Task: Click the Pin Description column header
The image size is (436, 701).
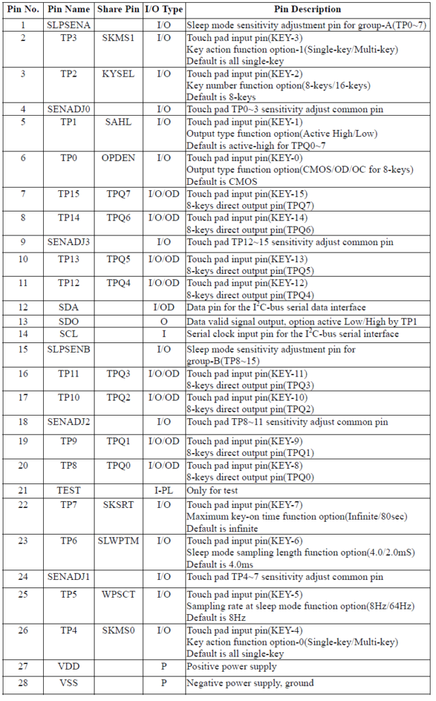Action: (x=307, y=10)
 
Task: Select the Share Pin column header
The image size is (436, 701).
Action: (x=118, y=10)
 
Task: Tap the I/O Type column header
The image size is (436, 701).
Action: (x=164, y=10)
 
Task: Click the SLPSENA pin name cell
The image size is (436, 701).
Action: (x=68, y=25)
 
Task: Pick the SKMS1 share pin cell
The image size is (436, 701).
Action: (x=118, y=38)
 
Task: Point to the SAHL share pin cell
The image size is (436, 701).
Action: (x=118, y=121)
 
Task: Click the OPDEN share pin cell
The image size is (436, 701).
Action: (x=118, y=157)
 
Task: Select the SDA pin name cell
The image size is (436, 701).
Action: (x=68, y=307)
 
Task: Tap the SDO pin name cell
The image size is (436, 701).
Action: (x=68, y=321)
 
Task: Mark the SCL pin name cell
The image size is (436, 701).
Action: (x=68, y=334)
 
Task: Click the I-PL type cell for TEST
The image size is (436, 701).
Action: (x=164, y=490)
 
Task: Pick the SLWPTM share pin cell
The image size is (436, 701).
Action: (x=118, y=541)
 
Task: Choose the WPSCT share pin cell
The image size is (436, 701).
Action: (x=118, y=594)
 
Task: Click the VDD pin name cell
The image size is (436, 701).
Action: (x=68, y=666)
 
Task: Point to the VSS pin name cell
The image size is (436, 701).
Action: (x=68, y=683)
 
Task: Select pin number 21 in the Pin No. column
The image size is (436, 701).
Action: (x=23, y=490)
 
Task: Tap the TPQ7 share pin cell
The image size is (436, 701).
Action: (x=118, y=194)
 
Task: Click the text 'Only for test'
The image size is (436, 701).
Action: (x=214, y=490)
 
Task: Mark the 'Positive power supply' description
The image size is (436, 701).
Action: (x=231, y=666)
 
